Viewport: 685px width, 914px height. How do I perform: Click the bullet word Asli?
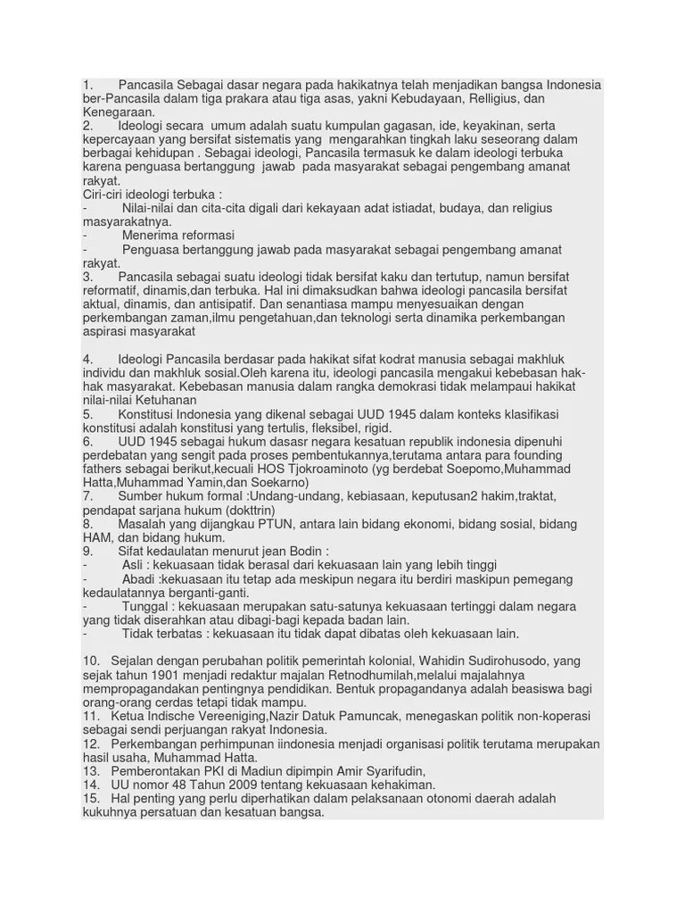pos(135,566)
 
